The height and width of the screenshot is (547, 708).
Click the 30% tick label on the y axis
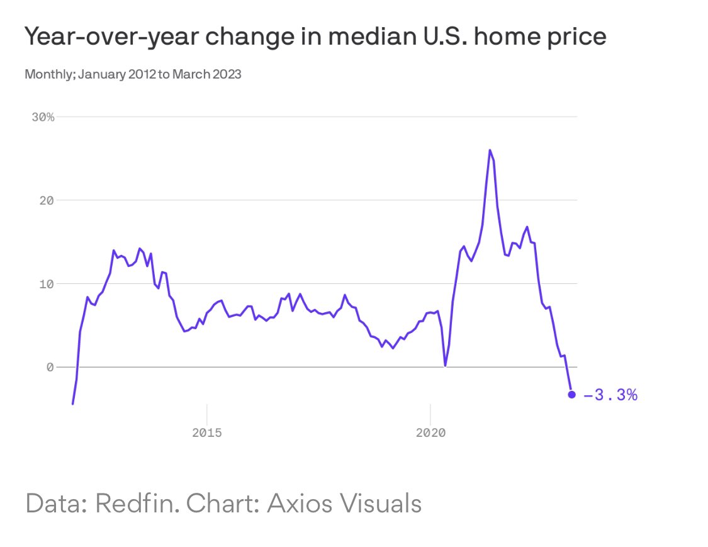pos(42,117)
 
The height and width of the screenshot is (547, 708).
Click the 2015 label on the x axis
pos(207,433)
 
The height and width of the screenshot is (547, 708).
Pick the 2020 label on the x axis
pos(430,433)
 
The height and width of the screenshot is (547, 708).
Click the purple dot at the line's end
pos(571,395)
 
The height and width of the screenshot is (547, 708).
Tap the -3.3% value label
pos(610,395)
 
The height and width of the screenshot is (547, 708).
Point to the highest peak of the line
pos(490,150)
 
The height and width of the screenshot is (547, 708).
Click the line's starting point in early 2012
pos(73,403)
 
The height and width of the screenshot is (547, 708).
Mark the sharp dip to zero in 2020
pos(446,366)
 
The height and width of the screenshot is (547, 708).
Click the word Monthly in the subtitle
pos(46,75)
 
